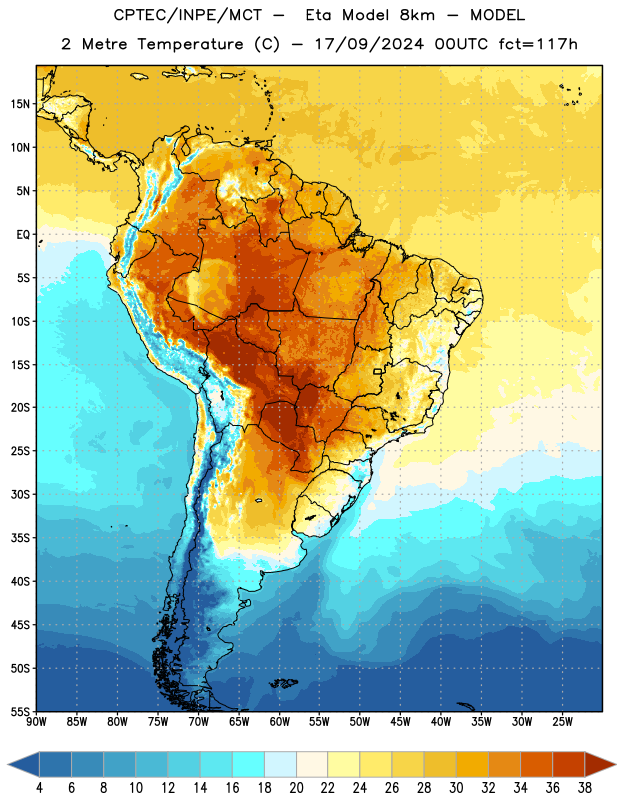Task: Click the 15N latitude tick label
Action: point(20,104)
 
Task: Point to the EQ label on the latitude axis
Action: point(23,235)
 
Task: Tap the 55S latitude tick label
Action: point(20,712)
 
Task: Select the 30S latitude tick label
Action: point(20,494)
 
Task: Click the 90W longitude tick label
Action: point(37,722)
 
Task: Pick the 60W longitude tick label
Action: point(280,722)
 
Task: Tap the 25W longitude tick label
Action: point(562,722)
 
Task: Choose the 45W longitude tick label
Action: point(401,722)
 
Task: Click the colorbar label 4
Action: point(39,788)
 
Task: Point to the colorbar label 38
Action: point(585,788)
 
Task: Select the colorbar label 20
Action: point(296,788)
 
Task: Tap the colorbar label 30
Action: point(456,788)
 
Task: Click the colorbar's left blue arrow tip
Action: point(8,765)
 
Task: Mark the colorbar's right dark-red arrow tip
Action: point(616,765)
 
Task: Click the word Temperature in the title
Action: point(190,45)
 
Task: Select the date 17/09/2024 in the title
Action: point(369,44)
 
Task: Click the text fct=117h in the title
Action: point(538,44)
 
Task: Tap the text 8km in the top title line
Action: point(417,15)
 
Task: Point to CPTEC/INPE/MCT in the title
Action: point(187,15)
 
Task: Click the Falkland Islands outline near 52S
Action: point(283,683)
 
